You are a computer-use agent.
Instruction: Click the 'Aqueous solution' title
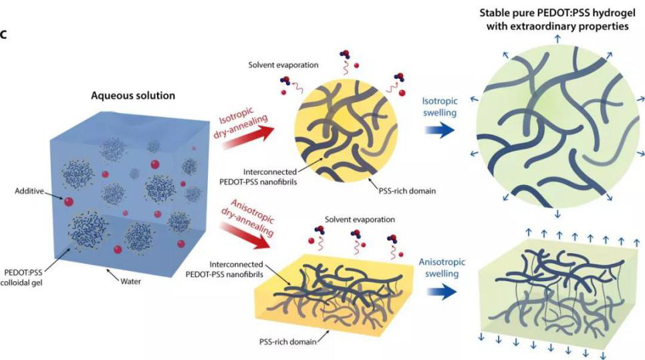[x=133, y=96]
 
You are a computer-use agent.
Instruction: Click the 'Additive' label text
[x=29, y=190]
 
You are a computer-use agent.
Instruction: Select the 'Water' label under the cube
[x=130, y=281]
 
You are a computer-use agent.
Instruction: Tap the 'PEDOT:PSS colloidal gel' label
[x=23, y=277]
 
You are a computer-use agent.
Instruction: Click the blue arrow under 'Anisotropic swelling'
[x=442, y=292]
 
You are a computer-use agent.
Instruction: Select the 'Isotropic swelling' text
[x=440, y=106]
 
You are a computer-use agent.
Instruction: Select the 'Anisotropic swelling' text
[x=442, y=268]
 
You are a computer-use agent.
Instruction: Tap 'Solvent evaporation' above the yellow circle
[x=283, y=65]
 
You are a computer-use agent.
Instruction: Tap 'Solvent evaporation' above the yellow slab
[x=360, y=220]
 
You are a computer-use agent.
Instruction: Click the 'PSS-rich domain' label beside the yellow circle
[x=407, y=190]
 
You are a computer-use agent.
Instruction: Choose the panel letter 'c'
[x=3, y=35]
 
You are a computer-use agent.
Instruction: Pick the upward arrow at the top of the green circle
[x=557, y=39]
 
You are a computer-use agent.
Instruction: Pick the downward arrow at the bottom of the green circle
[x=557, y=214]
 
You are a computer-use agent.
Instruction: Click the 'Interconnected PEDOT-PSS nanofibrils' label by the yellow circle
[x=270, y=177]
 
